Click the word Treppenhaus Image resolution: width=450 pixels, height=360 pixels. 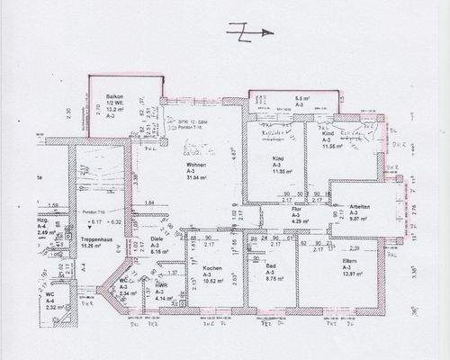click(x=94, y=238)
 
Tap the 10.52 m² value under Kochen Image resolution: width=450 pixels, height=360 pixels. click(x=213, y=282)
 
